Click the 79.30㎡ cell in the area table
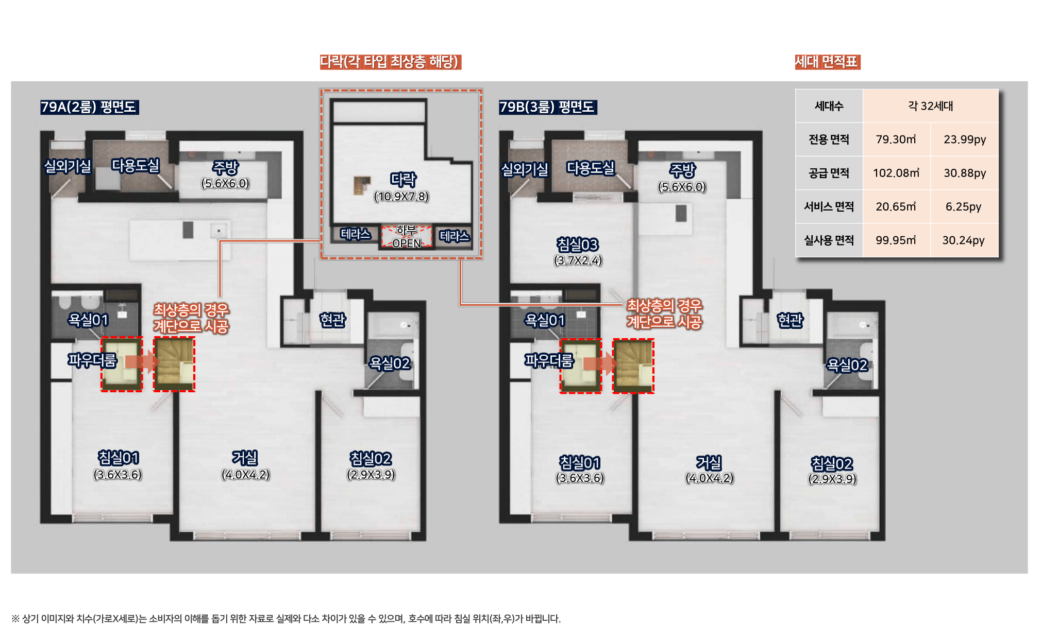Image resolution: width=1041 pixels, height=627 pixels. (896, 140)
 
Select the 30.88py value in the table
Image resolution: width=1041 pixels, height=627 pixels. (965, 173)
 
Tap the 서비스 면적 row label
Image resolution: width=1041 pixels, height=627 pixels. (829, 206)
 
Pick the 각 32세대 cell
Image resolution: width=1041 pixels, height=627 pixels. (930, 106)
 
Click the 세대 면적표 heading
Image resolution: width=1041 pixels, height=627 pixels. (827, 62)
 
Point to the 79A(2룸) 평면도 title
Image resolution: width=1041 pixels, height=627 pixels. (89, 107)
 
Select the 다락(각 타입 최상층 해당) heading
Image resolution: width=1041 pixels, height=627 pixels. (390, 62)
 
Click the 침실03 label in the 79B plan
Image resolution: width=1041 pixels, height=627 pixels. (577, 245)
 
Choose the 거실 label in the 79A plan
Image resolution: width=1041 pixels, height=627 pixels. (245, 458)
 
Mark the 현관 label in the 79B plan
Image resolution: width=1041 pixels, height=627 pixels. (790, 320)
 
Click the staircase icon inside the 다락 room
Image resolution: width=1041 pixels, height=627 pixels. (362, 185)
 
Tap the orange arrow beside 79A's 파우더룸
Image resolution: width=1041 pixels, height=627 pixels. (141, 361)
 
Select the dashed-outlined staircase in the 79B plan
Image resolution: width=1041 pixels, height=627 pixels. (633, 366)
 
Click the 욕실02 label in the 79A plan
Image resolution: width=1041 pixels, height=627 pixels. (390, 363)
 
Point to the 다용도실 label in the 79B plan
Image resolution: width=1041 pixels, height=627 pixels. (591, 168)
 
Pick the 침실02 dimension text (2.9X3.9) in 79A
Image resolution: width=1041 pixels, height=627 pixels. (371, 474)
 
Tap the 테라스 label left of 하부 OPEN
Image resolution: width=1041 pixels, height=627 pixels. (356, 234)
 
